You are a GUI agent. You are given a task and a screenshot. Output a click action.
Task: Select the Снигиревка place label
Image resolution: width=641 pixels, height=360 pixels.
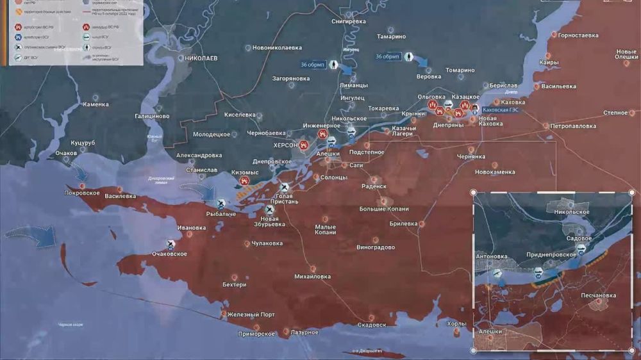click(349, 21)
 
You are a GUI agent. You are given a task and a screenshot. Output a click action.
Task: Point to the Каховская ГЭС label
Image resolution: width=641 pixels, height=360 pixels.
click(505, 110)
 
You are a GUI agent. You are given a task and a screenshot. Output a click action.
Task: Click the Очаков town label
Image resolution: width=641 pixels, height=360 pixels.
click(67, 154)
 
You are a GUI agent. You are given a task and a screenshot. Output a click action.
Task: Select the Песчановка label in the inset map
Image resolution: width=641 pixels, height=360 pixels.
click(598, 295)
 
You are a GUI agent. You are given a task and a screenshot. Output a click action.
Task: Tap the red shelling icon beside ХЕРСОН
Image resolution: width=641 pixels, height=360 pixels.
click(304, 145)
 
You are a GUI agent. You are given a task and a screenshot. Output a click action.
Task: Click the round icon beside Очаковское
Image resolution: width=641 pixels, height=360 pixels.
click(171, 243)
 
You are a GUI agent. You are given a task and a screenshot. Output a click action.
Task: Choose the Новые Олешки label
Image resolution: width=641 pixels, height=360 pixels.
click(626, 54)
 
